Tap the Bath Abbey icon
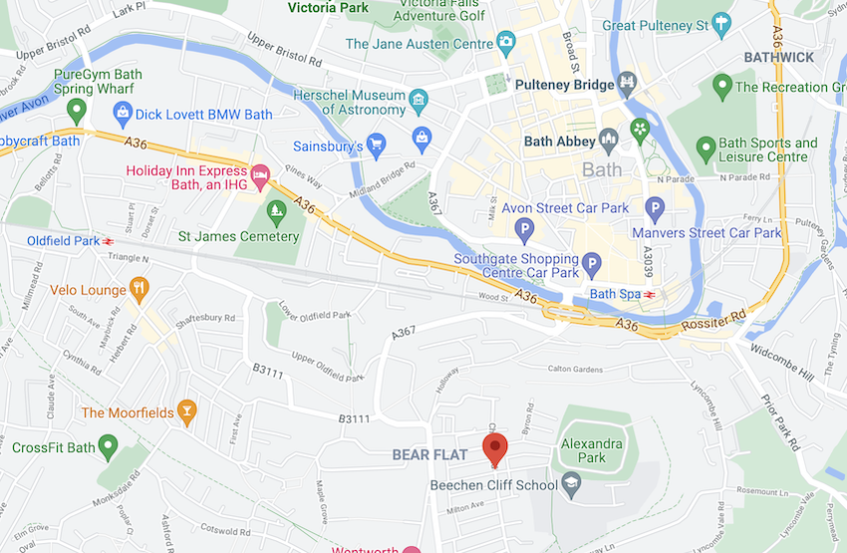click(x=609, y=141)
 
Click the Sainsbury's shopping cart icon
click(x=376, y=146)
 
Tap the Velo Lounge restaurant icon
click(x=140, y=290)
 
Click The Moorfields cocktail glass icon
click(x=185, y=413)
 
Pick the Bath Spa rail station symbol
click(x=649, y=294)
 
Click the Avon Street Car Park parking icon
click(x=524, y=231)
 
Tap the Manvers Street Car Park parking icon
click(x=655, y=209)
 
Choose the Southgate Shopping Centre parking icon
click(x=592, y=265)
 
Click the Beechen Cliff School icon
click(x=571, y=485)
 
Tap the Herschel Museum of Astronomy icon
click(x=419, y=100)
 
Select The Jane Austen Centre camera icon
click(x=506, y=43)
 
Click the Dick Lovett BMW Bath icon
click(x=123, y=114)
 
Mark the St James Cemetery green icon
click(x=276, y=211)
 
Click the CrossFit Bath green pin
click(x=109, y=447)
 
